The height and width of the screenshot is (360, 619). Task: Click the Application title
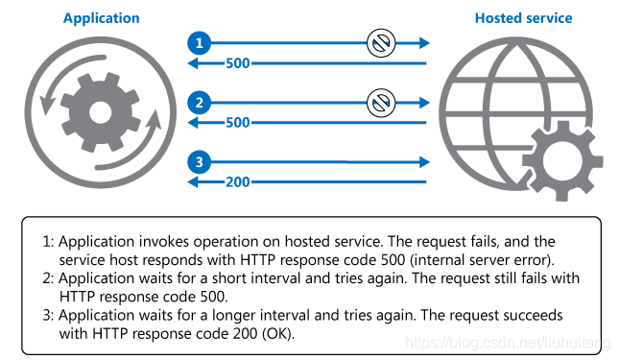coord(102,18)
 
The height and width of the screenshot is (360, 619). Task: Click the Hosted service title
coord(523,18)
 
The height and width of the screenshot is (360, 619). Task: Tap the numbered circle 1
coord(199,43)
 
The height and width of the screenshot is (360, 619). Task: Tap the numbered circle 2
coord(199,103)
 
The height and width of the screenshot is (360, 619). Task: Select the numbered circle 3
coord(199,162)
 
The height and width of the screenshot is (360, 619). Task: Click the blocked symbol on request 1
coord(381,43)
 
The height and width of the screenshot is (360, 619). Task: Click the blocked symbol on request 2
coord(381,103)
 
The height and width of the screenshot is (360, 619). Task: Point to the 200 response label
coord(238,182)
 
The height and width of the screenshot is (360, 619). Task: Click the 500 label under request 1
coord(238,63)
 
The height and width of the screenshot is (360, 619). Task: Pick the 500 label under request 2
coord(238,122)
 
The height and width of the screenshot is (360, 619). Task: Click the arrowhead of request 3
coord(424,162)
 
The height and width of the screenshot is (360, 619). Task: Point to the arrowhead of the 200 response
coord(193,182)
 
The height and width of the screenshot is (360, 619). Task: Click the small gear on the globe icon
coord(562,161)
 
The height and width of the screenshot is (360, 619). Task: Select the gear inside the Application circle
coord(100,112)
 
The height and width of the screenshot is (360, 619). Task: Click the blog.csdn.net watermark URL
coord(509,343)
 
